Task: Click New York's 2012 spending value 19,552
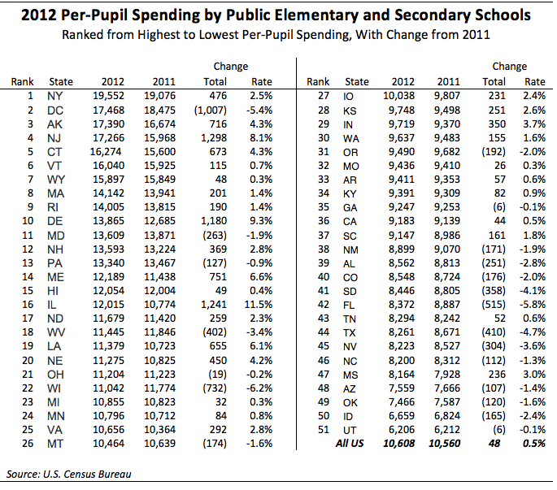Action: click(109, 96)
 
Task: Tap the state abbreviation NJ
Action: click(54, 138)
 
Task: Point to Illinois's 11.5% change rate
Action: click(259, 305)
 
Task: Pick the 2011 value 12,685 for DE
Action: click(159, 221)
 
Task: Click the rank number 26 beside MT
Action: click(28, 444)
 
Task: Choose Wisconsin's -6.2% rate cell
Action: click(259, 388)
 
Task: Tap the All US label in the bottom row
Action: click(350, 444)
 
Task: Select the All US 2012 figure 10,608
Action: click(399, 444)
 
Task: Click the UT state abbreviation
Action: click(350, 430)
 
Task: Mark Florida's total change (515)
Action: click(494, 305)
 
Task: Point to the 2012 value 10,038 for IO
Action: click(399, 96)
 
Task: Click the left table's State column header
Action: click(61, 82)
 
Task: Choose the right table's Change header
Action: click(509, 67)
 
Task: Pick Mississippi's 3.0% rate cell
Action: click(534, 375)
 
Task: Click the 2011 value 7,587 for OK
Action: click(447, 402)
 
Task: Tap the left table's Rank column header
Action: click(22, 82)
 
